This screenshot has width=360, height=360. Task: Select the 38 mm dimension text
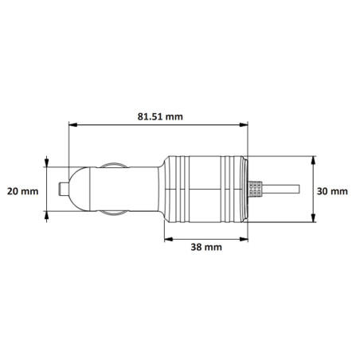(x=206, y=248)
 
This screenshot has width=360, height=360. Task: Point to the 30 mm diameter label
(x=332, y=191)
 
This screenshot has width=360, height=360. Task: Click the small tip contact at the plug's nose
(x=63, y=190)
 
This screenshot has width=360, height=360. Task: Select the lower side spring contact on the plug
(x=112, y=213)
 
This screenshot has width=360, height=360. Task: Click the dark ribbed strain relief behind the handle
(x=256, y=190)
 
